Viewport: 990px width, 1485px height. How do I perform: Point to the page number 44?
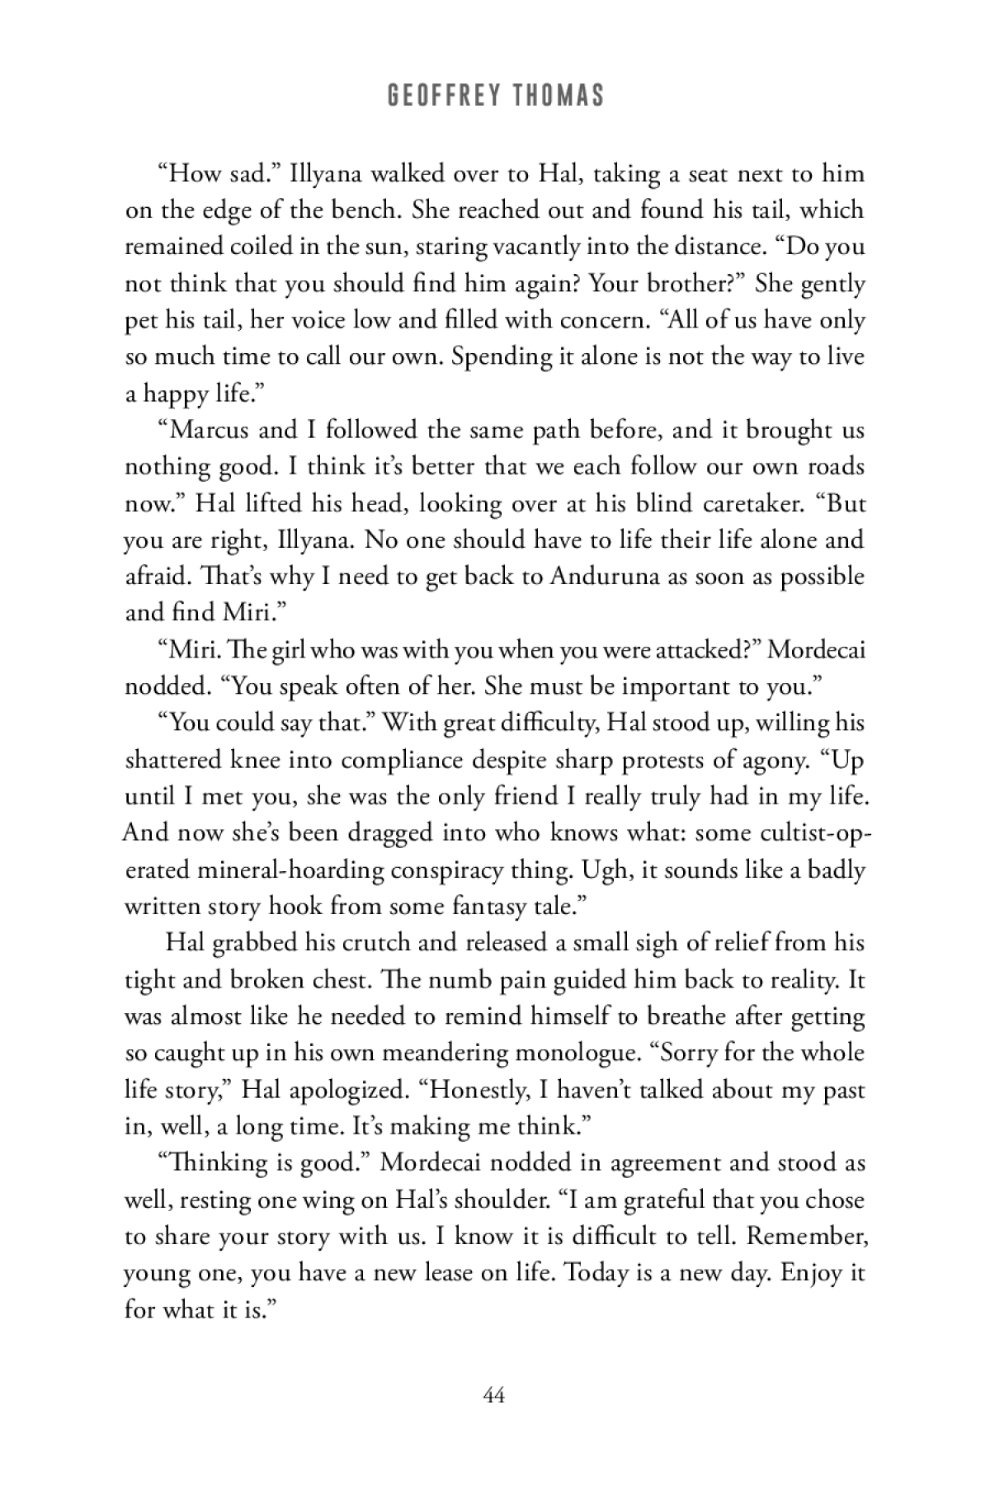point(494,1395)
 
